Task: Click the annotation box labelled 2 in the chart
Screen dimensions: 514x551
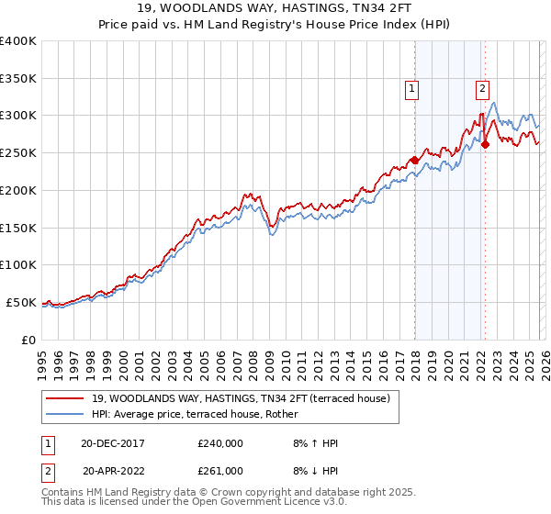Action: (x=482, y=89)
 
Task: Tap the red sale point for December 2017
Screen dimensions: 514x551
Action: (x=414, y=160)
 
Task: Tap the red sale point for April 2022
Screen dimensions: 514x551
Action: (x=485, y=144)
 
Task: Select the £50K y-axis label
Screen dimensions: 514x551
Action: (x=20, y=302)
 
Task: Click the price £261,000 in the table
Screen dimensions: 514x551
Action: (x=220, y=471)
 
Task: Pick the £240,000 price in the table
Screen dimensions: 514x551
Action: (x=220, y=443)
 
